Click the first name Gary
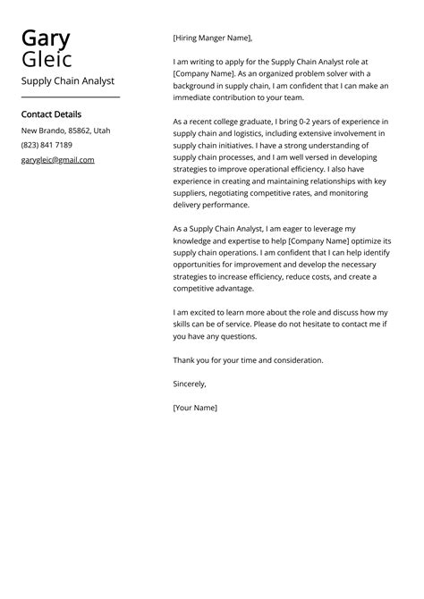point(46,38)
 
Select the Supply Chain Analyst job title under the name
point(68,80)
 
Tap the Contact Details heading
point(51,114)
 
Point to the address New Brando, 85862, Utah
point(65,131)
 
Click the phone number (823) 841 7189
point(47,145)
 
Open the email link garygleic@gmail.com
point(57,159)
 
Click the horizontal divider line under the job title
point(70,97)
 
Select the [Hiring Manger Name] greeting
point(213,38)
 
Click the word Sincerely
point(189,384)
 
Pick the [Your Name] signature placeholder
point(195,408)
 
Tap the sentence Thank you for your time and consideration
point(248,360)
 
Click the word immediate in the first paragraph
point(196,97)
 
